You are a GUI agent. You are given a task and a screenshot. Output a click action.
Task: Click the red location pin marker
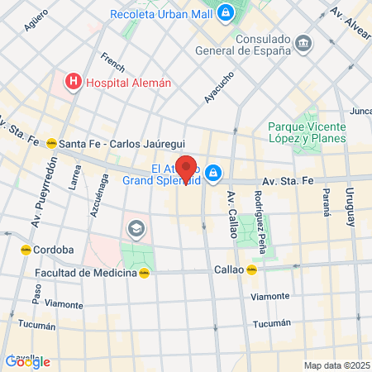[186, 169]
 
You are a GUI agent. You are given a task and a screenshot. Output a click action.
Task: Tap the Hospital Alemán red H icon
[74, 81]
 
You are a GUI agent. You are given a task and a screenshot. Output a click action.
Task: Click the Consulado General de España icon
[303, 42]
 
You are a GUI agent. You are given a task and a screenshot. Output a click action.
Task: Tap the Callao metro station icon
[251, 269]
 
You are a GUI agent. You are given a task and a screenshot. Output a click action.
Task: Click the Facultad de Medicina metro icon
[144, 272]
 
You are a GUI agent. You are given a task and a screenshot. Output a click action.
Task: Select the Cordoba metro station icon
[26, 249]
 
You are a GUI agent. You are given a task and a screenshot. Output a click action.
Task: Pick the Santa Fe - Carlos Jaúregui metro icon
[51, 142]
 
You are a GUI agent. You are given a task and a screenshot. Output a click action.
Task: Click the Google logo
[27, 361]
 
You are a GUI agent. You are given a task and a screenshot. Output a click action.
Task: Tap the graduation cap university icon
[135, 227]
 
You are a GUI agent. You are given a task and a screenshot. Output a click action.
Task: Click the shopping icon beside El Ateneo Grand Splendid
[213, 172]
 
